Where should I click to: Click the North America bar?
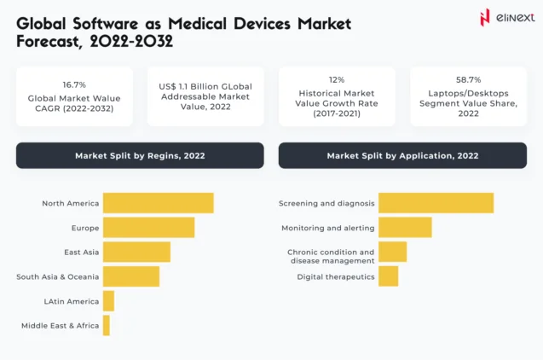[x=158, y=203]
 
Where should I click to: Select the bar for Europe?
[x=148, y=228]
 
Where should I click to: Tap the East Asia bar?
[x=136, y=252]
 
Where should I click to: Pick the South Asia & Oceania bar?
[x=130, y=276]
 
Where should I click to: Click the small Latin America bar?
[x=108, y=301]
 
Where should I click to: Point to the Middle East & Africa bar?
[x=107, y=325]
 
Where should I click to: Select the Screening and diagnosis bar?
[x=436, y=203]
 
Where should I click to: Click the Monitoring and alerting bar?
[x=405, y=228]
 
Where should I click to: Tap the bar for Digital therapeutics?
[x=388, y=276]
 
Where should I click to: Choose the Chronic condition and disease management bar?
[x=392, y=252]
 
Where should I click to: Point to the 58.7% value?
[x=468, y=78]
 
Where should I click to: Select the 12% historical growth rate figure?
[x=337, y=78]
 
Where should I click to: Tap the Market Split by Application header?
[x=402, y=155]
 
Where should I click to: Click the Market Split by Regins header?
[x=140, y=155]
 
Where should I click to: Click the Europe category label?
[x=85, y=228]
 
